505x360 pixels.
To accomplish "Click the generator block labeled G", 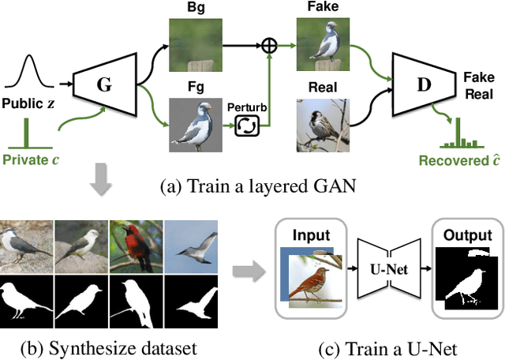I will coord(104,81).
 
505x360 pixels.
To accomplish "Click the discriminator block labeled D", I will coord(424,81).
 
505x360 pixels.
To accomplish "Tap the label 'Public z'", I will coord(31,103).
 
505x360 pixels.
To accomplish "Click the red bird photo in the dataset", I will coord(135,246).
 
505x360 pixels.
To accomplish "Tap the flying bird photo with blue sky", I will coord(189,246).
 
